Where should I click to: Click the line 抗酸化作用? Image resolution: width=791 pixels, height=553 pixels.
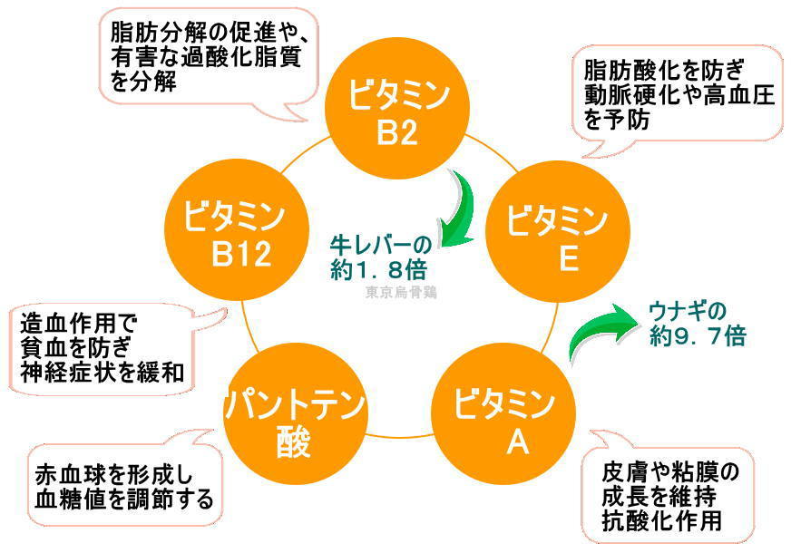(x=661, y=521)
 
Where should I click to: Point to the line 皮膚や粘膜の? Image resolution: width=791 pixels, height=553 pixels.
(x=670, y=472)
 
